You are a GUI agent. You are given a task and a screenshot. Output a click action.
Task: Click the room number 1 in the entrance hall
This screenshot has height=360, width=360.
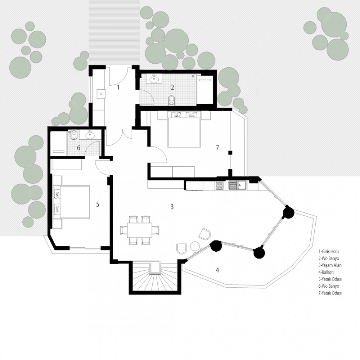pyautogui.click(x=118, y=87)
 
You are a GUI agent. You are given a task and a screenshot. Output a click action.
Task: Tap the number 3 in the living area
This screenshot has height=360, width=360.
pyautogui.click(x=172, y=207)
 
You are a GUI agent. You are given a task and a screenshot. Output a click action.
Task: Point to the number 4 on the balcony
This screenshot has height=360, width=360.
pyautogui.click(x=217, y=270)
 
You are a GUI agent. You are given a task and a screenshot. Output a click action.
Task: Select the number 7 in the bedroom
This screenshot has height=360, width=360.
pyautogui.click(x=217, y=148)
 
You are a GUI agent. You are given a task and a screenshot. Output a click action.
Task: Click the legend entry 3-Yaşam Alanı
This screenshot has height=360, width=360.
pyautogui.click(x=330, y=265)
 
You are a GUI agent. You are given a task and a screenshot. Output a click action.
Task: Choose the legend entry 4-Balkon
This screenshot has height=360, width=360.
pyautogui.click(x=326, y=272)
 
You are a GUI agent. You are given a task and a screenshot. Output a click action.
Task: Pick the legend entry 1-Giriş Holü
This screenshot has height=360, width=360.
pyautogui.click(x=329, y=251)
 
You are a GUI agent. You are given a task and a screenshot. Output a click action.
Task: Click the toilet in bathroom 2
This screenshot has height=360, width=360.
pyautogui.click(x=171, y=100)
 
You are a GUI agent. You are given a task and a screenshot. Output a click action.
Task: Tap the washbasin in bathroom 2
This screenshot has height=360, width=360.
pyautogui.click(x=154, y=80)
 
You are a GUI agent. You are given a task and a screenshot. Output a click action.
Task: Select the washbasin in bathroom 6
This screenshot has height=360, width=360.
pyautogui.click(x=90, y=135)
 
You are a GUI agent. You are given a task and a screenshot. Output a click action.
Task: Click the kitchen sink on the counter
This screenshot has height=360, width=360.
pyautogui.click(x=237, y=185)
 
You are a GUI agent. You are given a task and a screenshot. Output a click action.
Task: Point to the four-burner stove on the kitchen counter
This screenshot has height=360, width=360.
pyautogui.click(x=220, y=186)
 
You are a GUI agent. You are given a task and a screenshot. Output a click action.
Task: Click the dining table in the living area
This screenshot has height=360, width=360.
pyautogui.click(x=139, y=230)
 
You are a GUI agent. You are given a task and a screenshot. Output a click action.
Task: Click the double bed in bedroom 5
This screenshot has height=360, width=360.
pyautogui.click(x=72, y=202)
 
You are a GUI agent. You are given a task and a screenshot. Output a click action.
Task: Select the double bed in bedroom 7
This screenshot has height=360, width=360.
pyautogui.click(x=184, y=129)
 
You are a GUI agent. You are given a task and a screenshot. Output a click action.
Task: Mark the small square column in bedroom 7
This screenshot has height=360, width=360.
pyautogui.click(x=230, y=152)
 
